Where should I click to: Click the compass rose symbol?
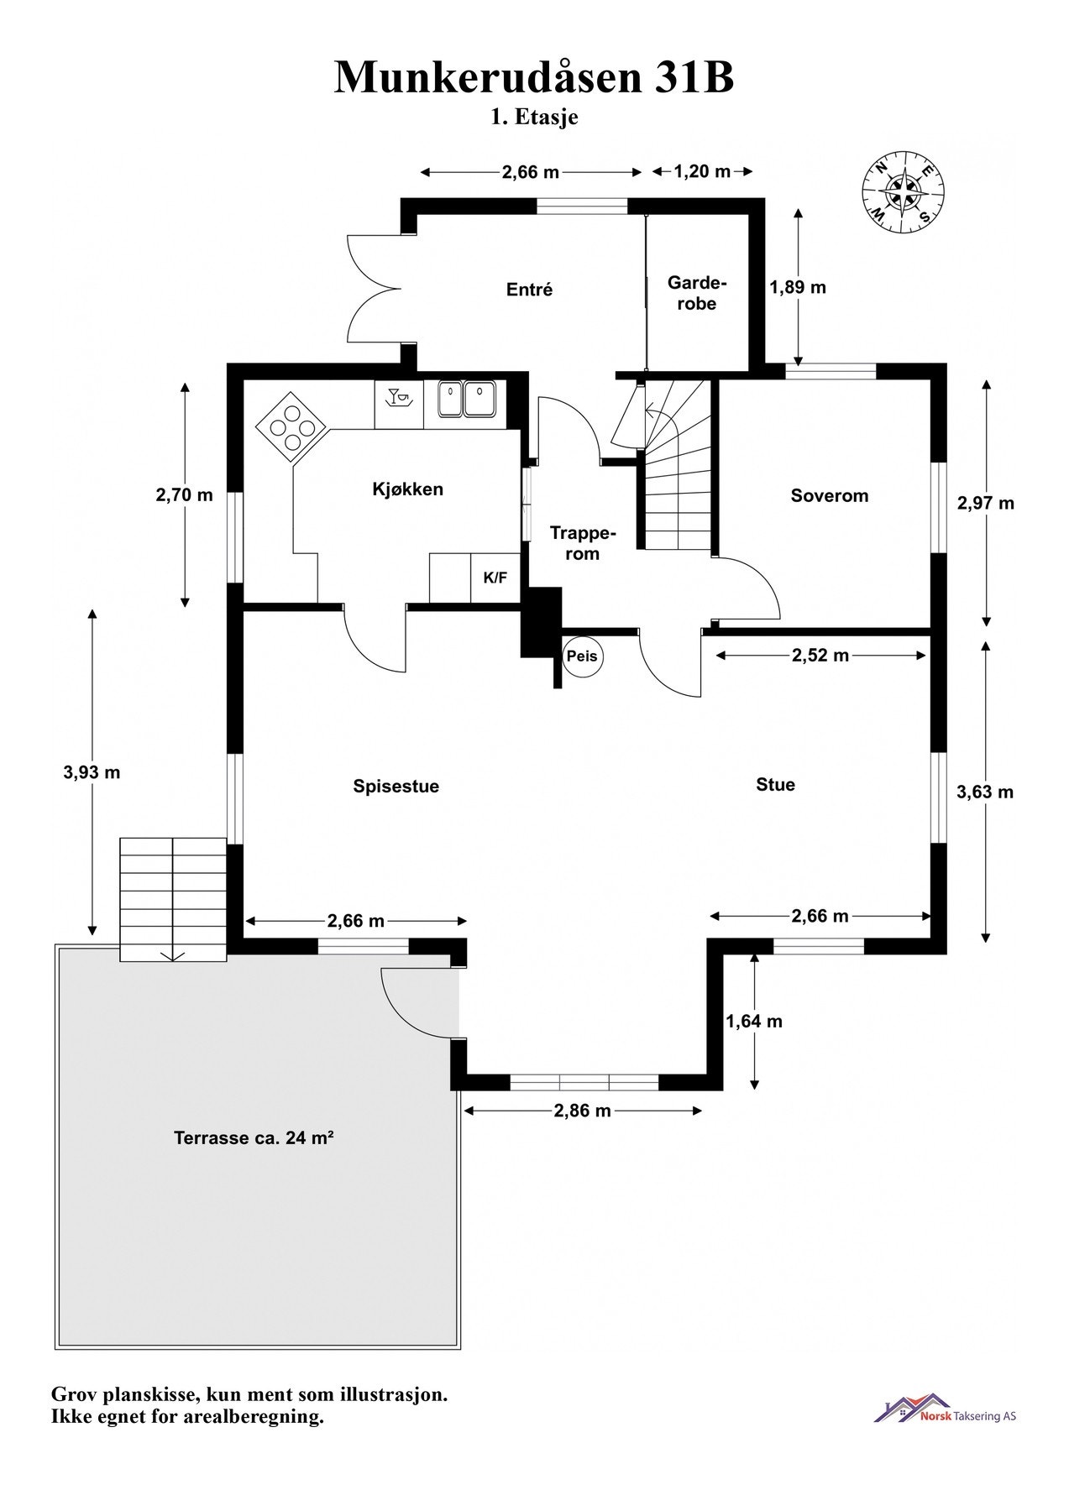(x=903, y=191)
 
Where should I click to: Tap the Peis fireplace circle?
(x=582, y=656)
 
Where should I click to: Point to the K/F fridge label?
(x=495, y=578)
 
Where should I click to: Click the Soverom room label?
(x=829, y=495)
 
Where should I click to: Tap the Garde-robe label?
(x=697, y=293)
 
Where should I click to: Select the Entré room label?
(x=530, y=290)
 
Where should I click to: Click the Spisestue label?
(x=396, y=787)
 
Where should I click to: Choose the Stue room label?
(x=775, y=784)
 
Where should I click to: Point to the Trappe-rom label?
(x=582, y=543)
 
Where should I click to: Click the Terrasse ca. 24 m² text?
(x=254, y=1138)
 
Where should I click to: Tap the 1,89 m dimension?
(x=798, y=287)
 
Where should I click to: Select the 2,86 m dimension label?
(x=582, y=1111)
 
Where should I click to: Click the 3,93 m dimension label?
(x=92, y=772)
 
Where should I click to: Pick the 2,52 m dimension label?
(x=820, y=656)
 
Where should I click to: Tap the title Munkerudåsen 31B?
(x=534, y=77)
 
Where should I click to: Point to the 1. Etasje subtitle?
(x=535, y=118)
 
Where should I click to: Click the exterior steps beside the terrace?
(x=173, y=899)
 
